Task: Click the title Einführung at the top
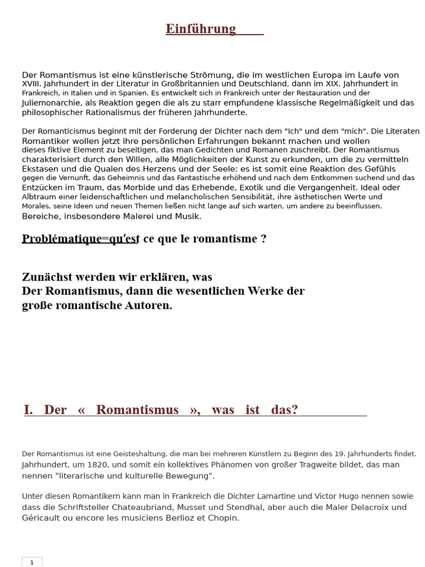(x=201, y=29)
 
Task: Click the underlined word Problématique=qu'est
(x=80, y=239)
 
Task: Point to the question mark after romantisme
(x=263, y=239)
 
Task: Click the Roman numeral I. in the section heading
(x=28, y=410)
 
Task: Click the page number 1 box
(x=32, y=562)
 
